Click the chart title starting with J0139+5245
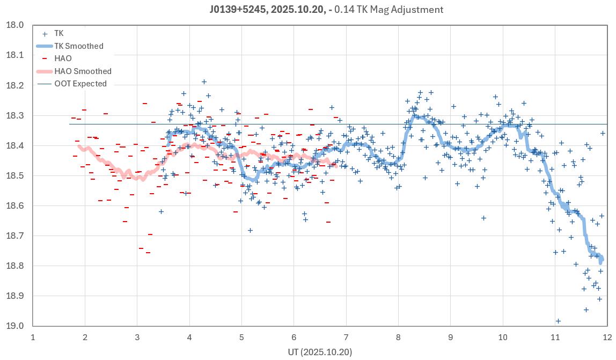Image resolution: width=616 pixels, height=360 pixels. click(326, 10)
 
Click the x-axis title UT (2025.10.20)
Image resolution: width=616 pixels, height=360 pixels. click(319, 352)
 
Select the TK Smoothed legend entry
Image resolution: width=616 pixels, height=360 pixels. click(78, 46)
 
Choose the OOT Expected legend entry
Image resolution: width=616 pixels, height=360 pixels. click(80, 84)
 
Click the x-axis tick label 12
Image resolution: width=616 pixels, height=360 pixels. click(607, 337)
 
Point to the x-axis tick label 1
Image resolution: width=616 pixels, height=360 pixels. click(33, 337)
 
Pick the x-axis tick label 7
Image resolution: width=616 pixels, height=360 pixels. click(346, 337)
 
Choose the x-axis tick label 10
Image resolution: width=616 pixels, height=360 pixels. click(503, 337)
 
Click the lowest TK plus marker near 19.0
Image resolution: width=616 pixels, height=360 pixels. click(558, 321)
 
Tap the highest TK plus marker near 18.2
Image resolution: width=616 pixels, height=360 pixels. click(204, 82)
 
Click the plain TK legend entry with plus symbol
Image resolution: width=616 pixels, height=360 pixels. click(58, 33)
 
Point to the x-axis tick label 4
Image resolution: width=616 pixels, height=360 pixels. click(189, 337)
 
